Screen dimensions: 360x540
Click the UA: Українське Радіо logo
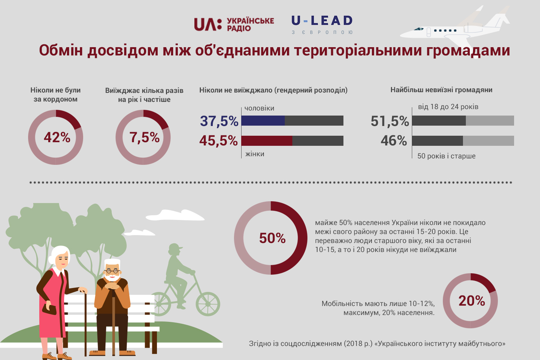tap(234, 24)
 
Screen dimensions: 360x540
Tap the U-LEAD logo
tap(322, 24)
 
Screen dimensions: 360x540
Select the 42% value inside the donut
tap(57, 138)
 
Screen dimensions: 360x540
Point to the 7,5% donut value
tap(144, 138)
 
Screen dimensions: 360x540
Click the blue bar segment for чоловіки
tap(263, 121)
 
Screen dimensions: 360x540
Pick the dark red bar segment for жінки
tap(266, 141)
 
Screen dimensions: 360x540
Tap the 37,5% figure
tap(219, 121)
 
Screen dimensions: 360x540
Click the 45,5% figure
tap(219, 141)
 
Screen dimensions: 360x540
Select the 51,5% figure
tap(390, 121)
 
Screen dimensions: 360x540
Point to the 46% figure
tap(393, 141)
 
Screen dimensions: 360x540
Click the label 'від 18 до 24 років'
tap(448, 107)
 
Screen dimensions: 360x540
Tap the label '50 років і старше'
tap(446, 156)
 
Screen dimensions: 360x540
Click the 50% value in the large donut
tap(272, 238)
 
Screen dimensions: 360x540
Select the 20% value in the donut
tap(471, 301)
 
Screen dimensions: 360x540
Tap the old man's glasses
tap(112, 271)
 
